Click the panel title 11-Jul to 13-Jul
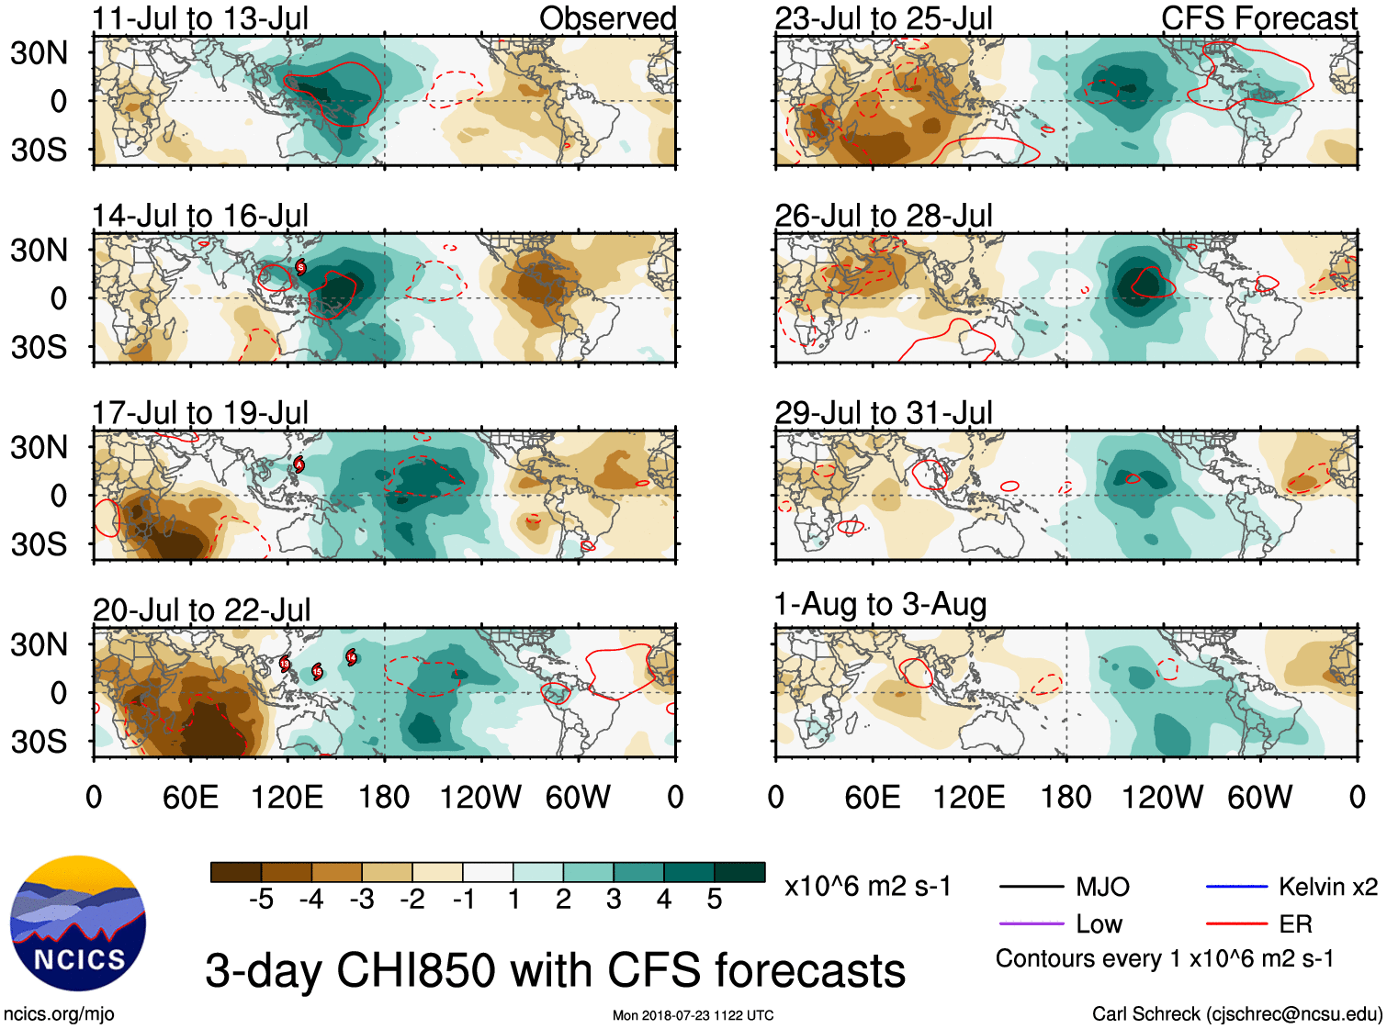200,18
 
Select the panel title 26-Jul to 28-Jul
884,216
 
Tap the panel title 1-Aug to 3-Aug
880,605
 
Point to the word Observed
607,18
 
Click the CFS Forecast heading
1258,18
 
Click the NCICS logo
78,923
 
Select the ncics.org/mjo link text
59,1013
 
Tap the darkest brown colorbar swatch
236,872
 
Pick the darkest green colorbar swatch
739,872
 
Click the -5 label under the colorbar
261,900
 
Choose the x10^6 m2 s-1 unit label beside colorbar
867,887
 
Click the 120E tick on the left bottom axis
287,797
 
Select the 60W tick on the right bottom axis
1259,797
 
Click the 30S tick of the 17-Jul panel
39,544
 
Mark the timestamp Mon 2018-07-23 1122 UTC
693,1015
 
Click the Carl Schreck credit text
1236,1013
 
